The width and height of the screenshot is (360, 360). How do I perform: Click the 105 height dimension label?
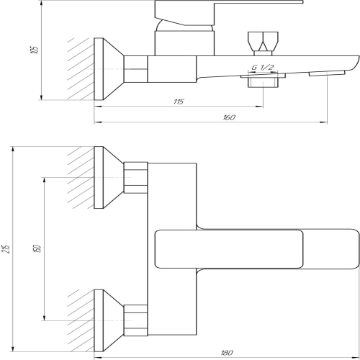pos(35,50)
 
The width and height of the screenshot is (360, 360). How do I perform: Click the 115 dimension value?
pos(179,102)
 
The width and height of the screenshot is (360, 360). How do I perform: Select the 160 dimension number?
pos(230,117)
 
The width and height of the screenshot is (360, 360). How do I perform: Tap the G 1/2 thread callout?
pos(263,67)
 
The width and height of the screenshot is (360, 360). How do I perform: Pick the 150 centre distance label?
pos(38,248)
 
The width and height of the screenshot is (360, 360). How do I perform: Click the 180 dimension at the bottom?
pos(227,353)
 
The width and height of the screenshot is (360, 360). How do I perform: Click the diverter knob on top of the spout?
pos(263,44)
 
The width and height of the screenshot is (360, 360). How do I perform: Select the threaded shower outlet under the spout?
pos(263,81)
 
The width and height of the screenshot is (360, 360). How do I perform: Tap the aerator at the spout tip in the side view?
pos(327,73)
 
